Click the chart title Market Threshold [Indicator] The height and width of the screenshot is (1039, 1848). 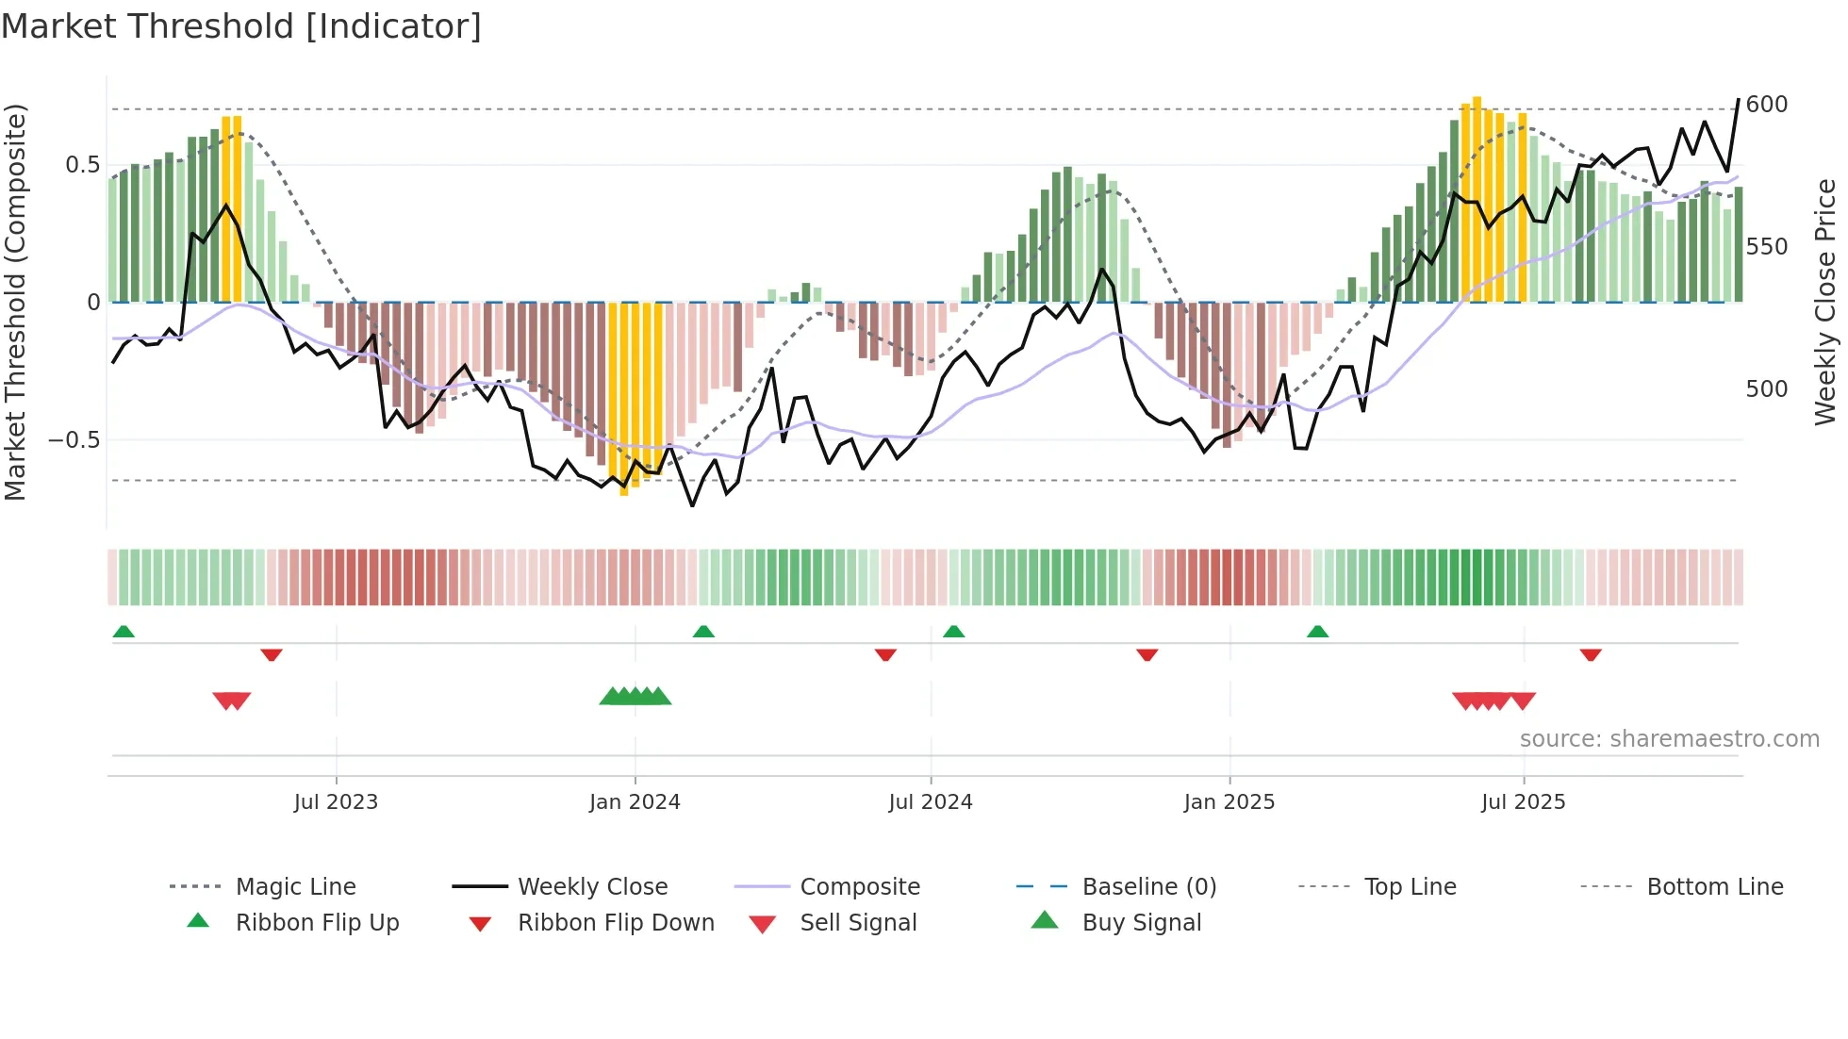coord(241,26)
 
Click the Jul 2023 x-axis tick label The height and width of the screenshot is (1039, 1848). coord(336,802)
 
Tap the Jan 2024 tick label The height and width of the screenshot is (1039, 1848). coord(635,802)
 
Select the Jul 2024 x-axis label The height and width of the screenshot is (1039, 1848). coord(931,802)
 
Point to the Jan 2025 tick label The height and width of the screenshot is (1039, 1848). coord(1229,802)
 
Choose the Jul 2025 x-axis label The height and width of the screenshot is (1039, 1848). coord(1524,802)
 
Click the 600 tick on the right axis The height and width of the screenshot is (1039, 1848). coord(1767,105)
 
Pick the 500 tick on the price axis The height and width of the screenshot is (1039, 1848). coord(1767,389)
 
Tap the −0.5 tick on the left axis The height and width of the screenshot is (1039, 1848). coord(74,440)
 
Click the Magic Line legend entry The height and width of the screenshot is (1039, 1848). coord(295,887)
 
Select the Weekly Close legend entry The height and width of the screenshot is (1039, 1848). coord(592,887)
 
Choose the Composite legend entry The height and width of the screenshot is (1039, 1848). coord(860,887)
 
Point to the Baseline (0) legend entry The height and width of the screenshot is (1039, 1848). coord(1149,887)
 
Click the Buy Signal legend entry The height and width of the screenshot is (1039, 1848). coord(1141,923)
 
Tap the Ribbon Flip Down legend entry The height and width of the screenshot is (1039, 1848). coord(616,923)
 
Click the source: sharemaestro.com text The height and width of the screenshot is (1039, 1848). coord(1669,739)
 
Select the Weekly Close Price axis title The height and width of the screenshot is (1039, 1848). coord(1826,302)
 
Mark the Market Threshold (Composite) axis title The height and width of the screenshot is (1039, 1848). coord(15,302)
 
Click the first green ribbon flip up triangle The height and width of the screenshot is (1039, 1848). coord(124,632)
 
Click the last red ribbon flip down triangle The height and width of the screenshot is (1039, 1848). coord(1591,654)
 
